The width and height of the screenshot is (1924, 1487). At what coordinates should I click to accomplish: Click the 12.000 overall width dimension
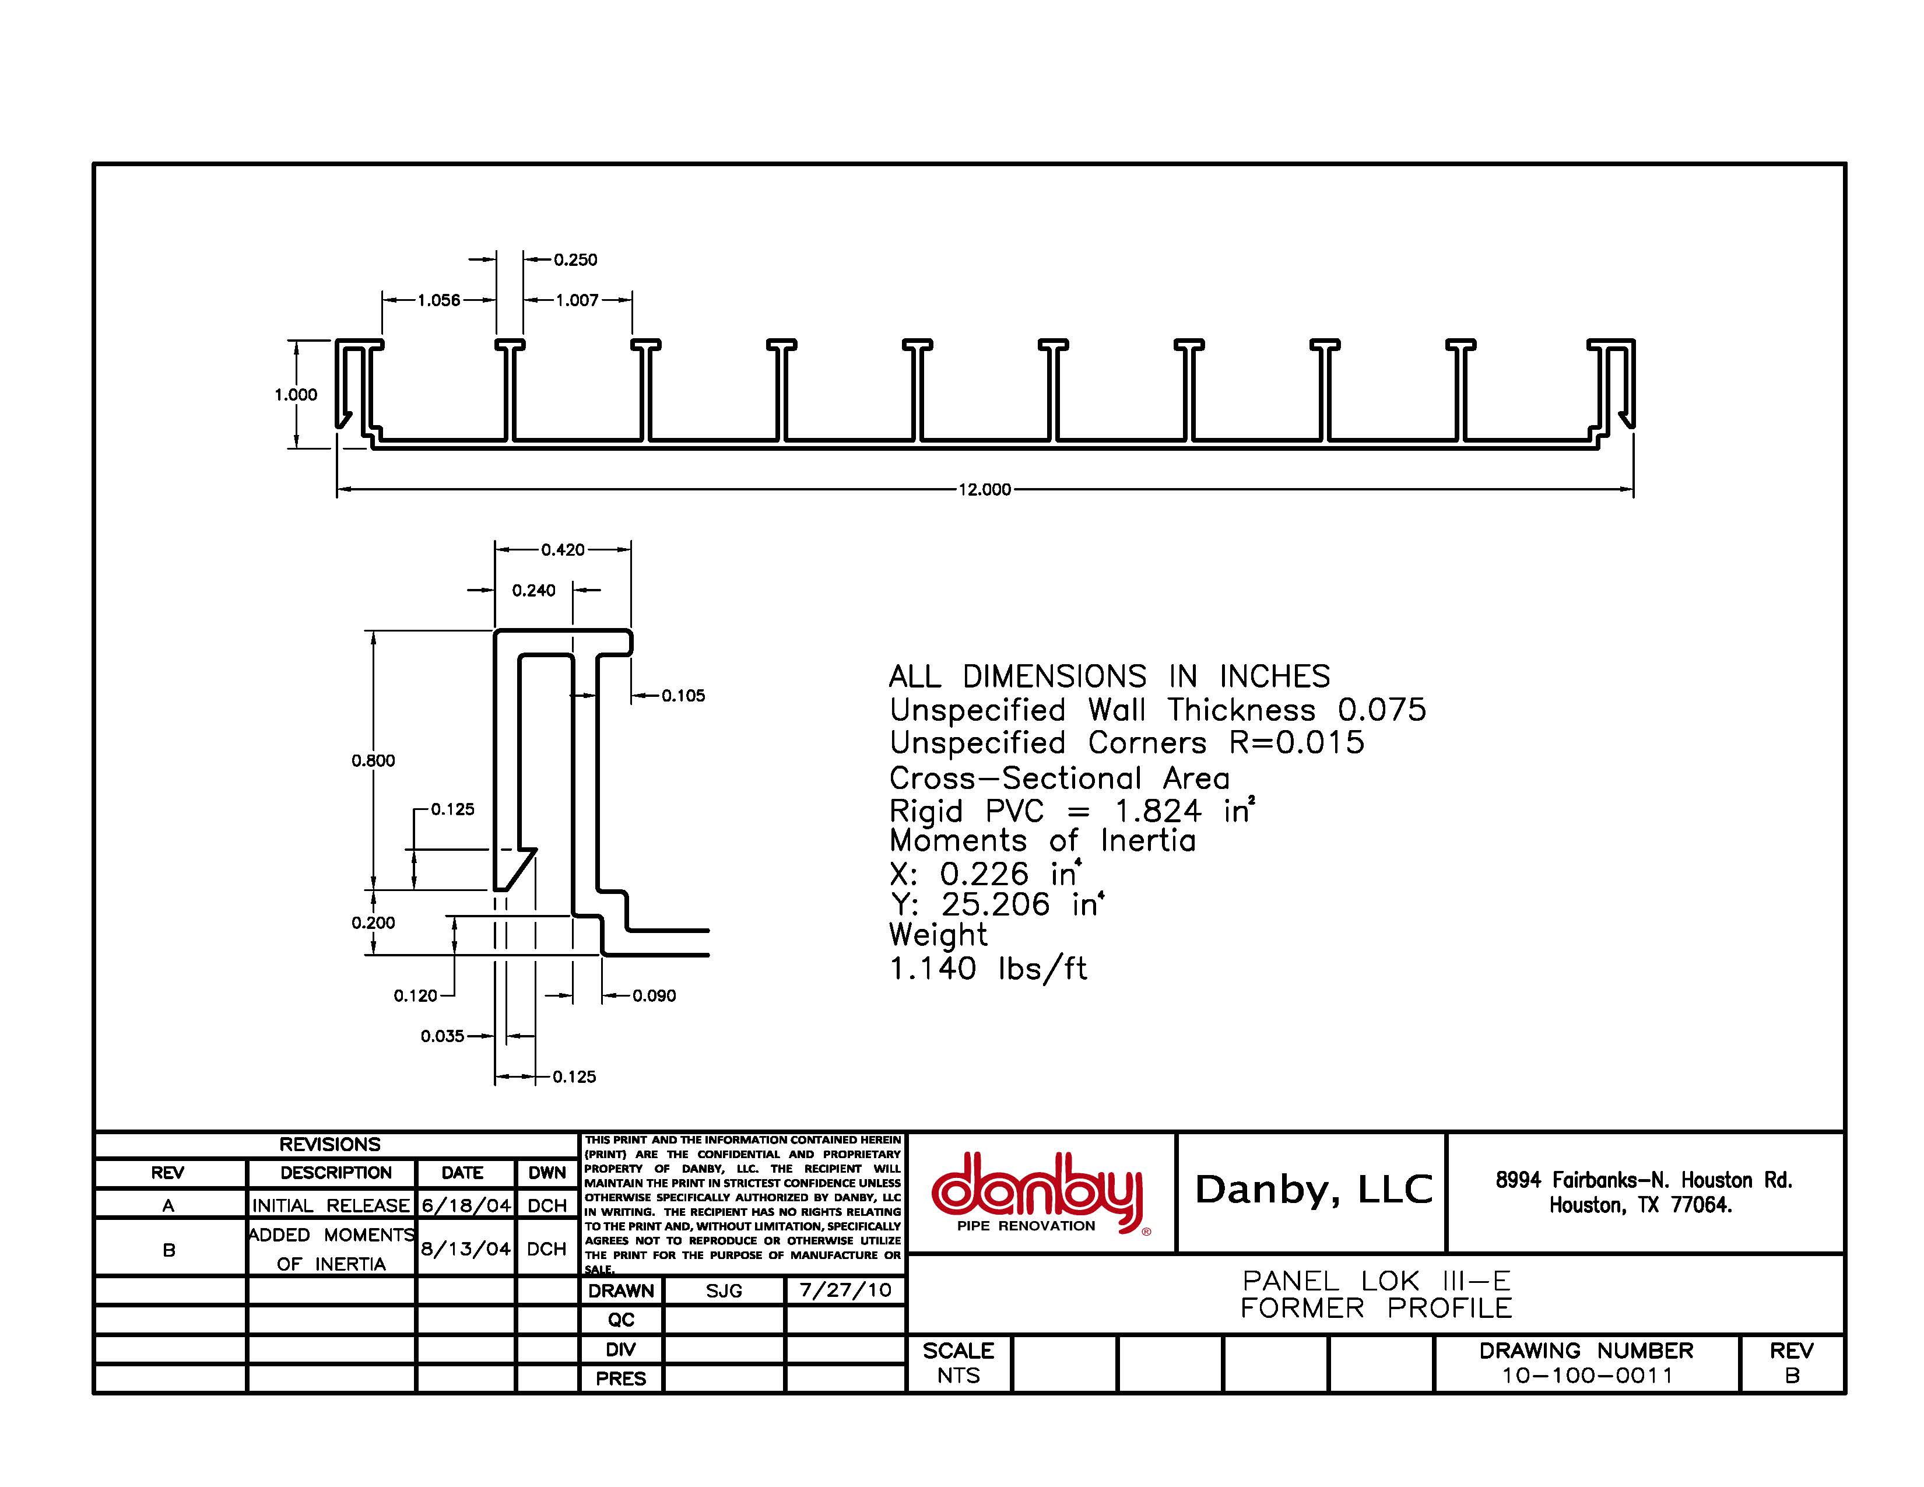pos(984,490)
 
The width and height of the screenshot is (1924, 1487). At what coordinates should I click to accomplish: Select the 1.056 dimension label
pos(438,300)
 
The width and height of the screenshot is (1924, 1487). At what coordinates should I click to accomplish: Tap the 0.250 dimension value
pos(575,260)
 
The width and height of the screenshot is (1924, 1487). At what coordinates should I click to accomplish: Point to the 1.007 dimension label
pos(577,300)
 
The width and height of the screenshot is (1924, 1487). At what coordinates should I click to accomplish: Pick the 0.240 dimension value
pos(534,590)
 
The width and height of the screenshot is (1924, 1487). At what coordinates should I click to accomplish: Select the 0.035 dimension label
pos(443,1036)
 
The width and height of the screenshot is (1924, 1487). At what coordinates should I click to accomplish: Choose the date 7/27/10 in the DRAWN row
pos(845,1290)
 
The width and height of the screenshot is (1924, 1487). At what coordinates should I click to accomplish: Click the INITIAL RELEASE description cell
pos(331,1205)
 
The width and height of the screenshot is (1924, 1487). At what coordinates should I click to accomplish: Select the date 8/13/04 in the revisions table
pos(465,1248)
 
